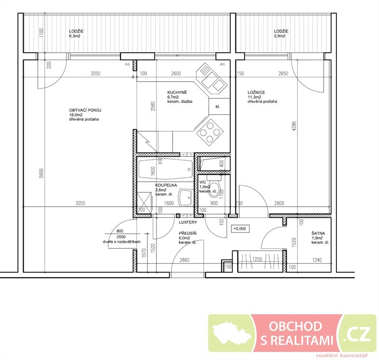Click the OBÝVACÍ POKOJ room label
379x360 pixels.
point(85,110)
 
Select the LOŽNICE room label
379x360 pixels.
point(256,92)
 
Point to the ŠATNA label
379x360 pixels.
point(318,234)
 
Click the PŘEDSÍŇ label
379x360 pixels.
point(188,234)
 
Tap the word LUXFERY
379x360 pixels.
point(188,222)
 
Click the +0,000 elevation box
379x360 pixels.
point(240,229)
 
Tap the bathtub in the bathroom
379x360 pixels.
point(165,169)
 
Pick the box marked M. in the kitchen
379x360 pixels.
point(219,106)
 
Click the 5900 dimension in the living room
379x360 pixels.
point(42,173)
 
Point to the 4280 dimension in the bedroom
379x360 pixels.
point(294,126)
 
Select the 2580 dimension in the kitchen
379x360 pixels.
point(153,106)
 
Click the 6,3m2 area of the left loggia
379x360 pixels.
point(74,36)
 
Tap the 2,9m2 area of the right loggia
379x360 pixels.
point(280,36)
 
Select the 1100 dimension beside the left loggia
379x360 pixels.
point(41,33)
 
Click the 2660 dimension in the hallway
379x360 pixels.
point(184,260)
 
